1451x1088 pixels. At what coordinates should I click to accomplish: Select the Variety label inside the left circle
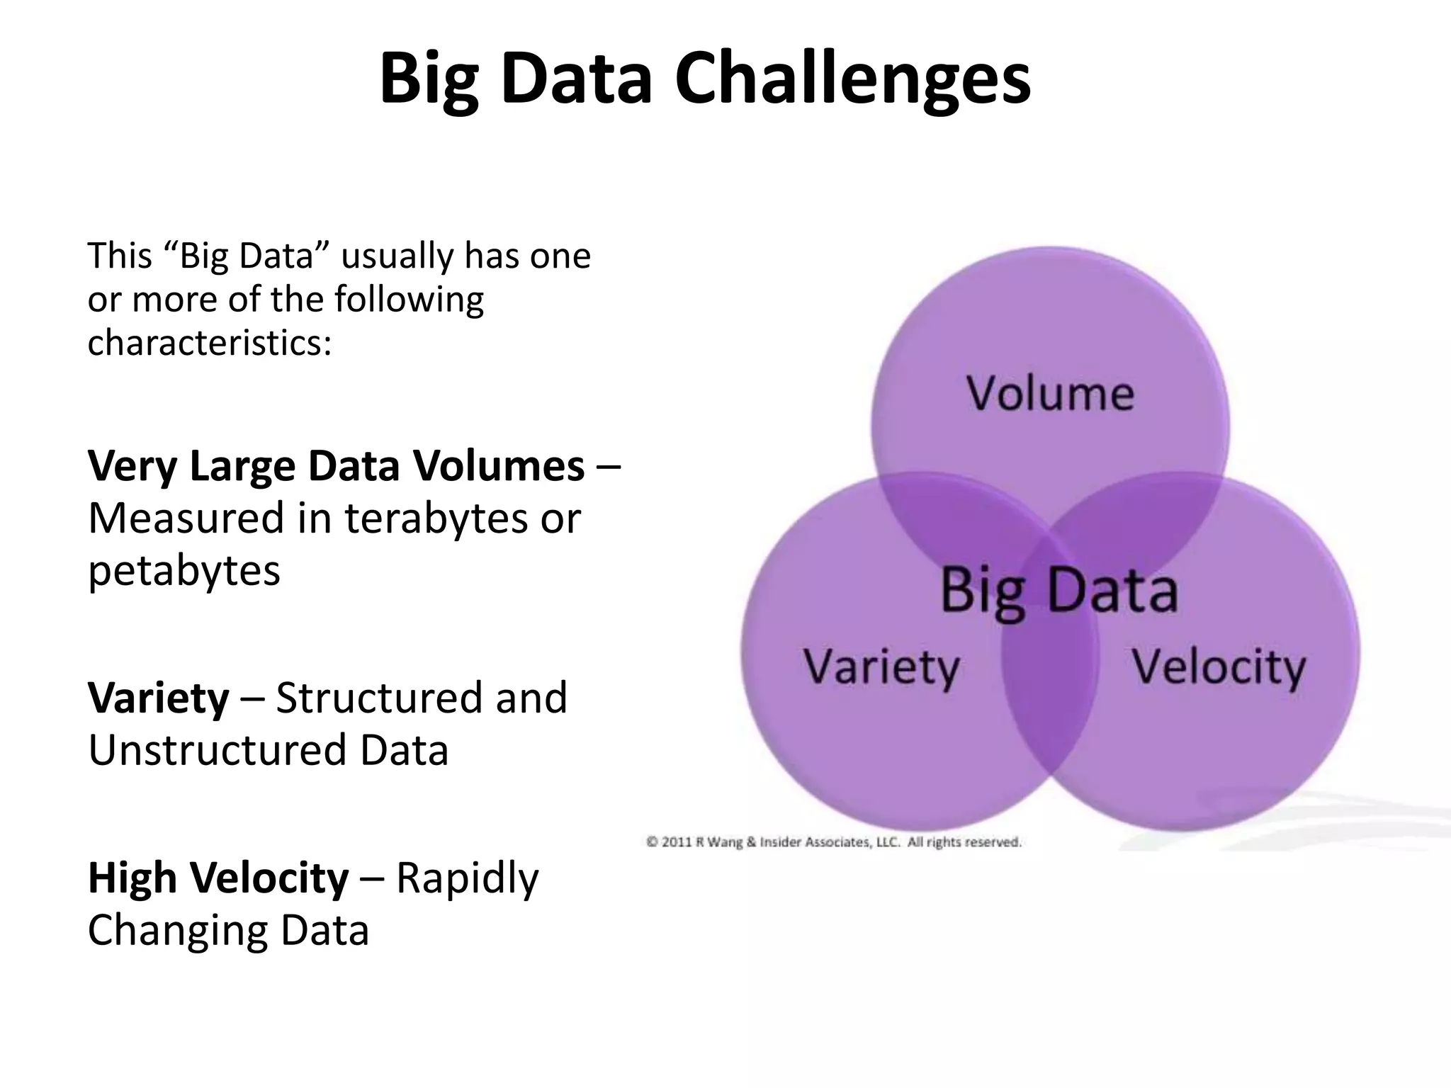click(x=881, y=667)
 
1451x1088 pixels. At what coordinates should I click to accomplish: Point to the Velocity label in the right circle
click(x=1218, y=667)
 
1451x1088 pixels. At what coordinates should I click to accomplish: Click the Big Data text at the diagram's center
click(x=1058, y=590)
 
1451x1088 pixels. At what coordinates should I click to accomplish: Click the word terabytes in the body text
click(x=436, y=518)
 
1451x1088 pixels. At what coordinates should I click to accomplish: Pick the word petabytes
click(x=184, y=570)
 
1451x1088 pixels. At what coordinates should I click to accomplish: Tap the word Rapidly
click(x=467, y=878)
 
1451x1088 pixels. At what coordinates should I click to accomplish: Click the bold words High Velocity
click(x=218, y=878)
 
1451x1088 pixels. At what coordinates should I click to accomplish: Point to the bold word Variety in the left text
click(x=158, y=698)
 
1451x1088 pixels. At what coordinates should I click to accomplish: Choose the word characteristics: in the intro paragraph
click(x=210, y=344)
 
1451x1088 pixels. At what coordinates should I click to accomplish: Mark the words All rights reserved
click(x=964, y=842)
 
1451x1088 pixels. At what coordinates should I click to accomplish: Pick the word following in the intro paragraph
click(x=409, y=300)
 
